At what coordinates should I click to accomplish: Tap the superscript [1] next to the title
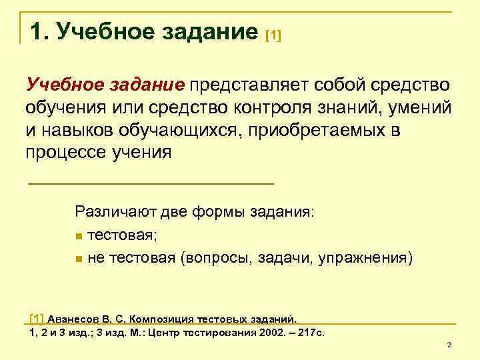click(273, 35)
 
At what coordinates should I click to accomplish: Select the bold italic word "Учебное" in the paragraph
click(58, 85)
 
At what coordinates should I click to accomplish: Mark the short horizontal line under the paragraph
click(151, 183)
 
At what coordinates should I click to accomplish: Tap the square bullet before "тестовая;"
click(79, 235)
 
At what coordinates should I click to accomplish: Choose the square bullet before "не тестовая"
click(79, 258)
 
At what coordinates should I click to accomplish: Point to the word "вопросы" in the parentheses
click(213, 258)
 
